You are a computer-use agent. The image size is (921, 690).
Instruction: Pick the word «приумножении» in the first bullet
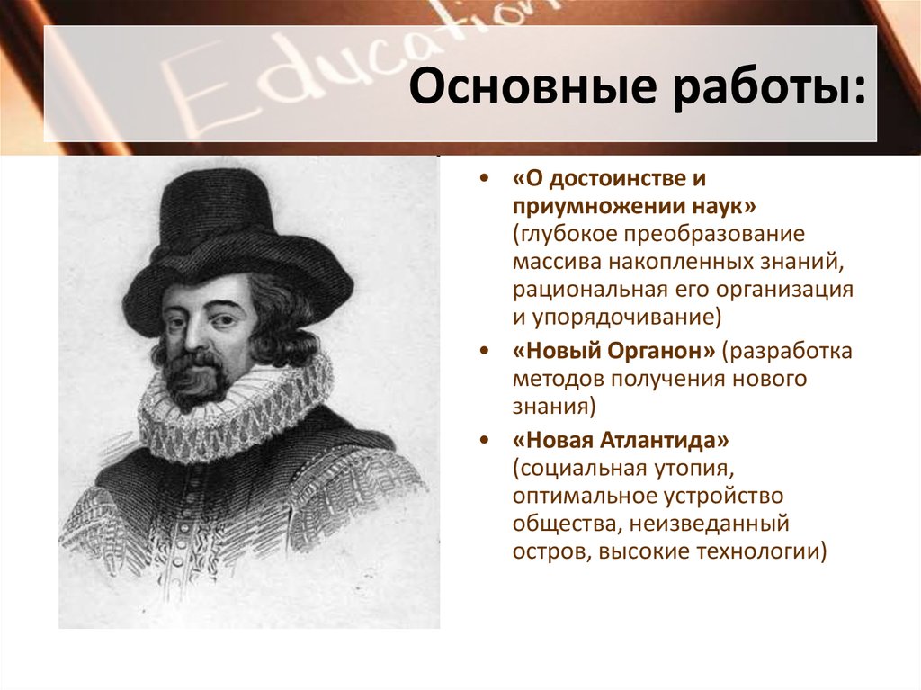[x=576, y=207]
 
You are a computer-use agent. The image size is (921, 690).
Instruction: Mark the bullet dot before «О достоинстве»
[x=485, y=179]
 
